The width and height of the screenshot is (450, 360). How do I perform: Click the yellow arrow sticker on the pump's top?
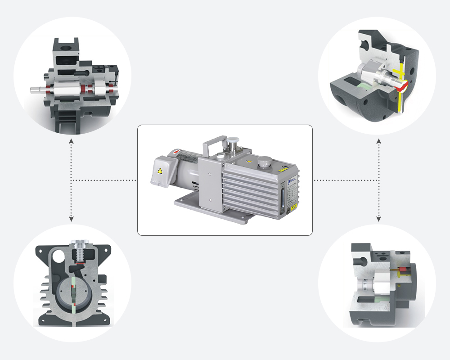click(x=249, y=161)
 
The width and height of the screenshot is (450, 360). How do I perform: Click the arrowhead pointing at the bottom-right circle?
click(x=379, y=219)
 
